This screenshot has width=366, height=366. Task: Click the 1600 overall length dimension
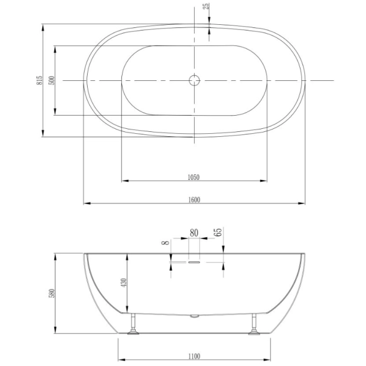tap(194, 200)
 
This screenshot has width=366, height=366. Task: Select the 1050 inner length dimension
tap(194, 177)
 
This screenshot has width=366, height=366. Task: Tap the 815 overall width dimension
tap(39, 80)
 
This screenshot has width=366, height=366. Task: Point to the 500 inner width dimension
tap(52, 80)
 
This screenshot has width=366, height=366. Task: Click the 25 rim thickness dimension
tap(207, 6)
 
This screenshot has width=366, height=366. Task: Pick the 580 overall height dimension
tap(52, 293)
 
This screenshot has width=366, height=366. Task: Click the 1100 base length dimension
tap(194, 357)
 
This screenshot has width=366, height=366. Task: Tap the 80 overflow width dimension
tap(194, 233)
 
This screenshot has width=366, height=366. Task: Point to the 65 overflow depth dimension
tap(218, 232)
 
